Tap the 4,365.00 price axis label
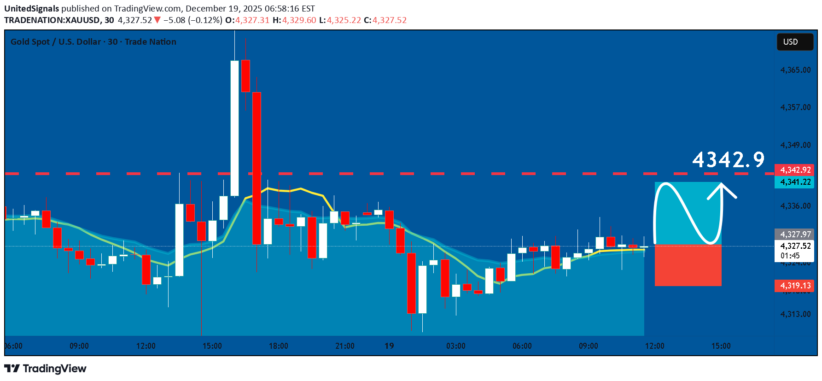point(795,70)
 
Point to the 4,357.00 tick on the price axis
point(795,107)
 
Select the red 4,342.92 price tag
point(794,170)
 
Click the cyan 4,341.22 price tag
point(794,182)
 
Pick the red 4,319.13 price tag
point(794,286)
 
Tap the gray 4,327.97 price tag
point(794,234)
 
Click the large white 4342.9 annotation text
point(728,160)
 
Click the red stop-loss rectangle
point(688,265)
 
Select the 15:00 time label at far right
point(721,346)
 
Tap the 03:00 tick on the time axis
point(455,346)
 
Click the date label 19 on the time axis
point(389,346)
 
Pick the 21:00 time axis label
point(345,346)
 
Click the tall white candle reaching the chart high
point(234,128)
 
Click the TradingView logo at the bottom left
point(45,369)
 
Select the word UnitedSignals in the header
point(32,9)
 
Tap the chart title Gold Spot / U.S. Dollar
point(55,42)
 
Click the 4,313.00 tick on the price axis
point(795,314)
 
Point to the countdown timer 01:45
point(790,256)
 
